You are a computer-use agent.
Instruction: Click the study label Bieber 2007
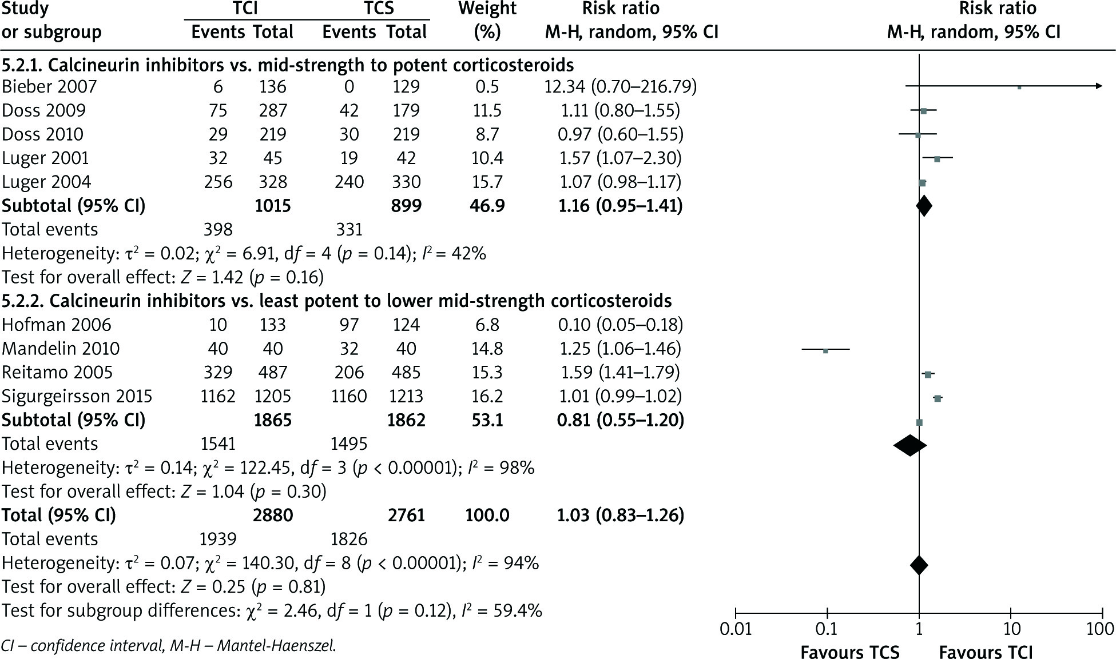point(49,86)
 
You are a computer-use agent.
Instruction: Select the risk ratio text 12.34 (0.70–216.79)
point(621,86)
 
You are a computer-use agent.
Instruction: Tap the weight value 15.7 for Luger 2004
point(487,182)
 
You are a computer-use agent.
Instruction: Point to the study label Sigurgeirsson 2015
point(77,396)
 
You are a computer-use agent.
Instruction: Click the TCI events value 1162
point(218,396)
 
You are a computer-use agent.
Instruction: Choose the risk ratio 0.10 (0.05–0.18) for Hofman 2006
point(621,325)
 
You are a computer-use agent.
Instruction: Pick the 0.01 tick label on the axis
point(735,629)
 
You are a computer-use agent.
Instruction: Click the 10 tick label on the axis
point(1011,629)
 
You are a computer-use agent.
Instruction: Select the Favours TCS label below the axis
point(849,652)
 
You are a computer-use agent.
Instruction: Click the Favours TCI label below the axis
point(986,652)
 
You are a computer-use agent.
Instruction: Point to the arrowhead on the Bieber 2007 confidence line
point(1098,86)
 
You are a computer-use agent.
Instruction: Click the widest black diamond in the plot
point(910,445)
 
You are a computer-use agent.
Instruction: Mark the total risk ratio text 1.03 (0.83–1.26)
point(621,516)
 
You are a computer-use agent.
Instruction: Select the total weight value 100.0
point(487,516)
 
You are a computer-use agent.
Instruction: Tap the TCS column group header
point(374,9)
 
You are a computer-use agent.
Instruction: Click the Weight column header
point(487,9)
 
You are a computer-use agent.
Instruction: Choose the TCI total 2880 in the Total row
point(273,516)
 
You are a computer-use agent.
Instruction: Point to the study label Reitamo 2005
point(57,372)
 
